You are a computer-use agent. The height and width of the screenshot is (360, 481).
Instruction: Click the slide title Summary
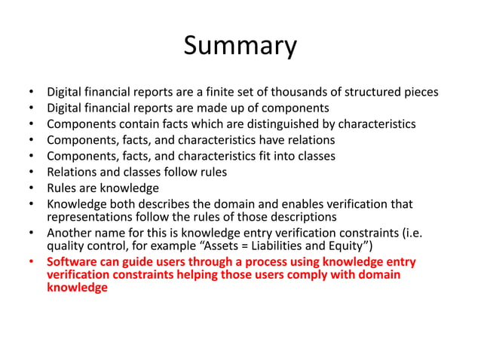pos(240,46)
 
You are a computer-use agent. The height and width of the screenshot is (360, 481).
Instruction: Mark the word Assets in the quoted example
pos(250,246)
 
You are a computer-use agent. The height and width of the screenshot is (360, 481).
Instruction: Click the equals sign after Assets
pos(273,246)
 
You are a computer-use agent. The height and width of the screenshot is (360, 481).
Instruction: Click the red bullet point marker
pos(31,262)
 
